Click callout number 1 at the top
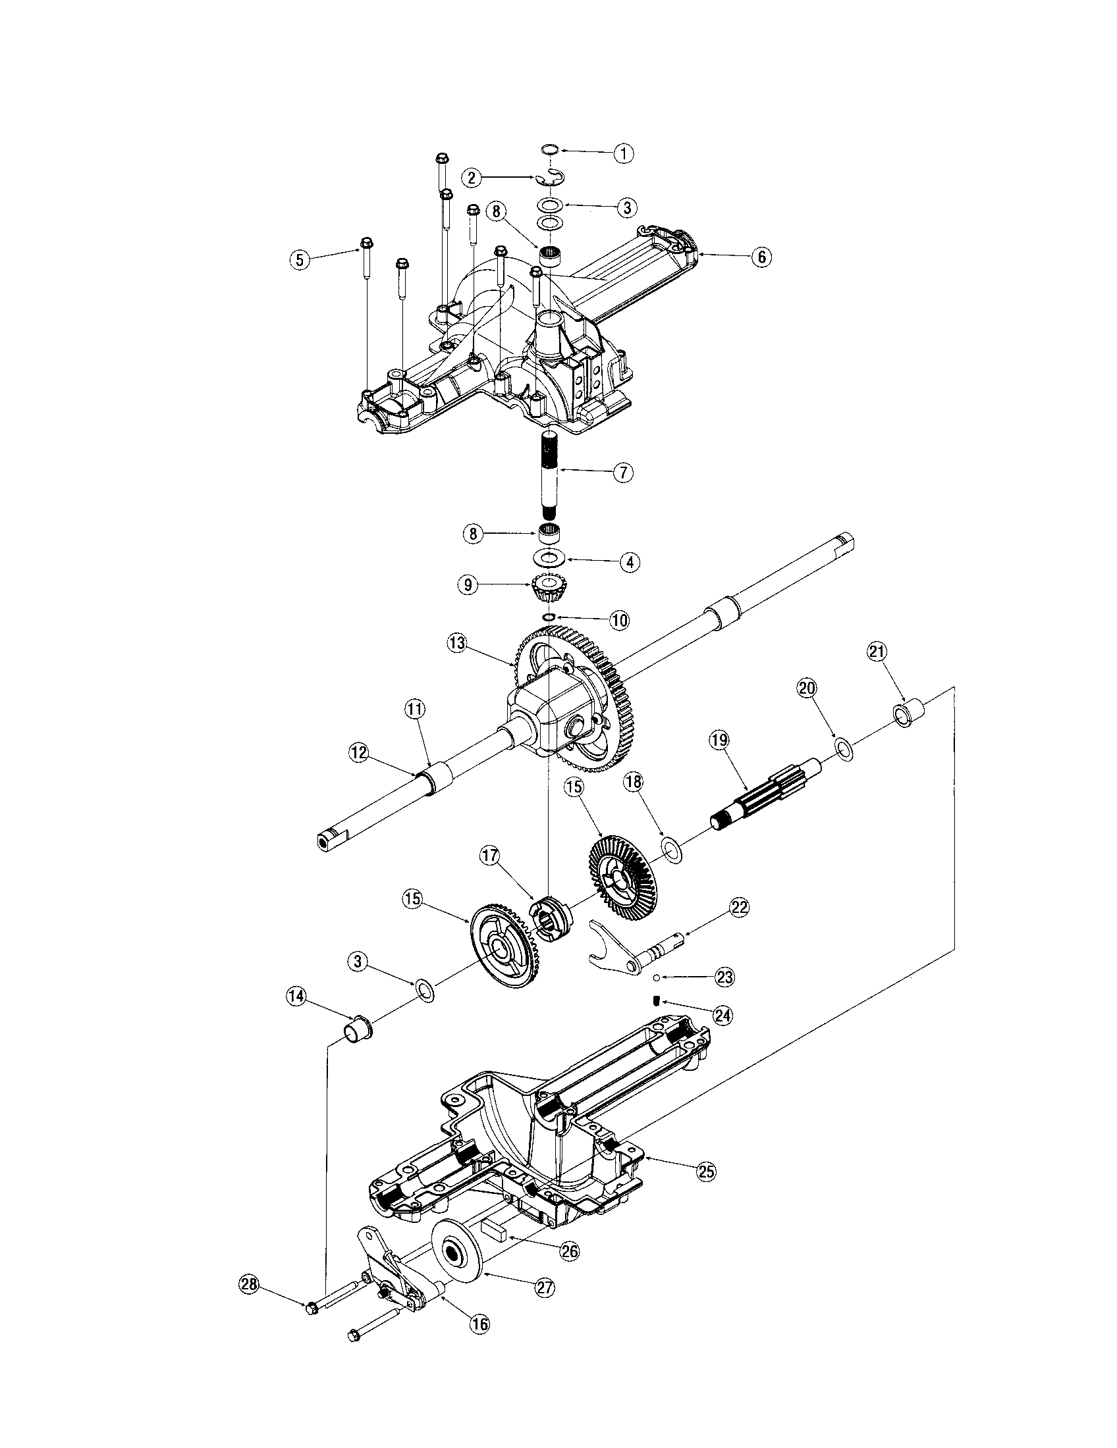point(623,154)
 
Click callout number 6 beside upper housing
point(761,257)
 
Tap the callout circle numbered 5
point(300,260)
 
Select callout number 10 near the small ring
point(618,621)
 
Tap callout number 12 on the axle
point(358,751)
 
